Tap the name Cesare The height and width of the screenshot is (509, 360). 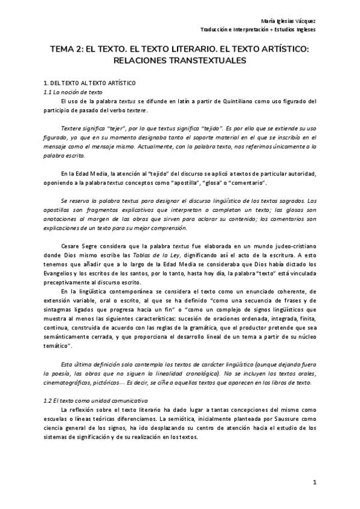click(71, 246)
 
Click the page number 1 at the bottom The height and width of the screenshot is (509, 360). click(314, 482)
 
